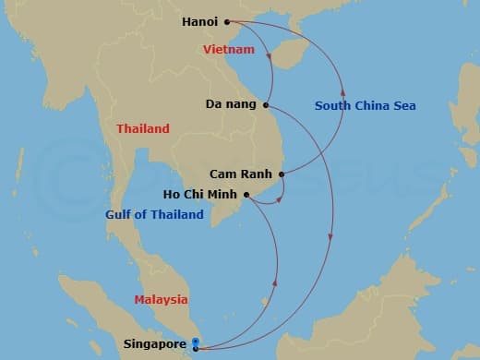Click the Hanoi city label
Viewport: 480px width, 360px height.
(201, 20)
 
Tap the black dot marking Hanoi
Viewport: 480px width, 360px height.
(227, 21)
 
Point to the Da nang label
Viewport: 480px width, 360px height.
(232, 104)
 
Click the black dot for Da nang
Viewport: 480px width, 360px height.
(266, 104)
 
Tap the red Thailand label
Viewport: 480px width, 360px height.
(143, 128)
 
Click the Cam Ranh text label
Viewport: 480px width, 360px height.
(245, 174)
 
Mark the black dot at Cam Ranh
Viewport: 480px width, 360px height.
(281, 174)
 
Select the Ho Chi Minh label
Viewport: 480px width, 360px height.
(202, 195)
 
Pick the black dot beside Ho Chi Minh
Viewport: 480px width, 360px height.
(247, 195)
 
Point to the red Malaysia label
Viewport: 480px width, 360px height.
(161, 299)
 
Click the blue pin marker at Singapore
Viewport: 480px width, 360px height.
(195, 342)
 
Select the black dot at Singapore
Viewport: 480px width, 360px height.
(195, 349)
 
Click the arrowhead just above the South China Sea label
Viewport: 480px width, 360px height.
(343, 90)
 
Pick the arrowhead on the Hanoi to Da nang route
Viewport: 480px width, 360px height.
(269, 60)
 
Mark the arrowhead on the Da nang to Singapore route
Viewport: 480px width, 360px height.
(330, 242)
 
